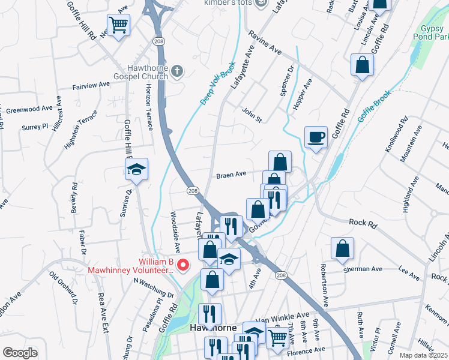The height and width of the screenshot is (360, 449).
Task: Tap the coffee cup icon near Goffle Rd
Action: click(x=316, y=138)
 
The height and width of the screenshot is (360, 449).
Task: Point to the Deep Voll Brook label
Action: click(x=217, y=83)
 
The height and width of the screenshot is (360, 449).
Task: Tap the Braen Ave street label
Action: click(x=232, y=175)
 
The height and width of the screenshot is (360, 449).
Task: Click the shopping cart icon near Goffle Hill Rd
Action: click(x=119, y=26)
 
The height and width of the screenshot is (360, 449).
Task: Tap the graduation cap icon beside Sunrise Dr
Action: click(x=137, y=170)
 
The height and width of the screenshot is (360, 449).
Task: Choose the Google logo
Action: click(x=20, y=353)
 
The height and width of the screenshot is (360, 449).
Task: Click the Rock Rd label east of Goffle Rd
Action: click(x=363, y=222)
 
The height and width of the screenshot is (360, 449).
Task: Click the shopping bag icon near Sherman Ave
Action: click(x=342, y=249)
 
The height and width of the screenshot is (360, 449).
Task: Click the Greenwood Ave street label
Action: click(x=29, y=109)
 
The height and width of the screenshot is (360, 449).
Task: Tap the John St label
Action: click(x=252, y=115)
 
